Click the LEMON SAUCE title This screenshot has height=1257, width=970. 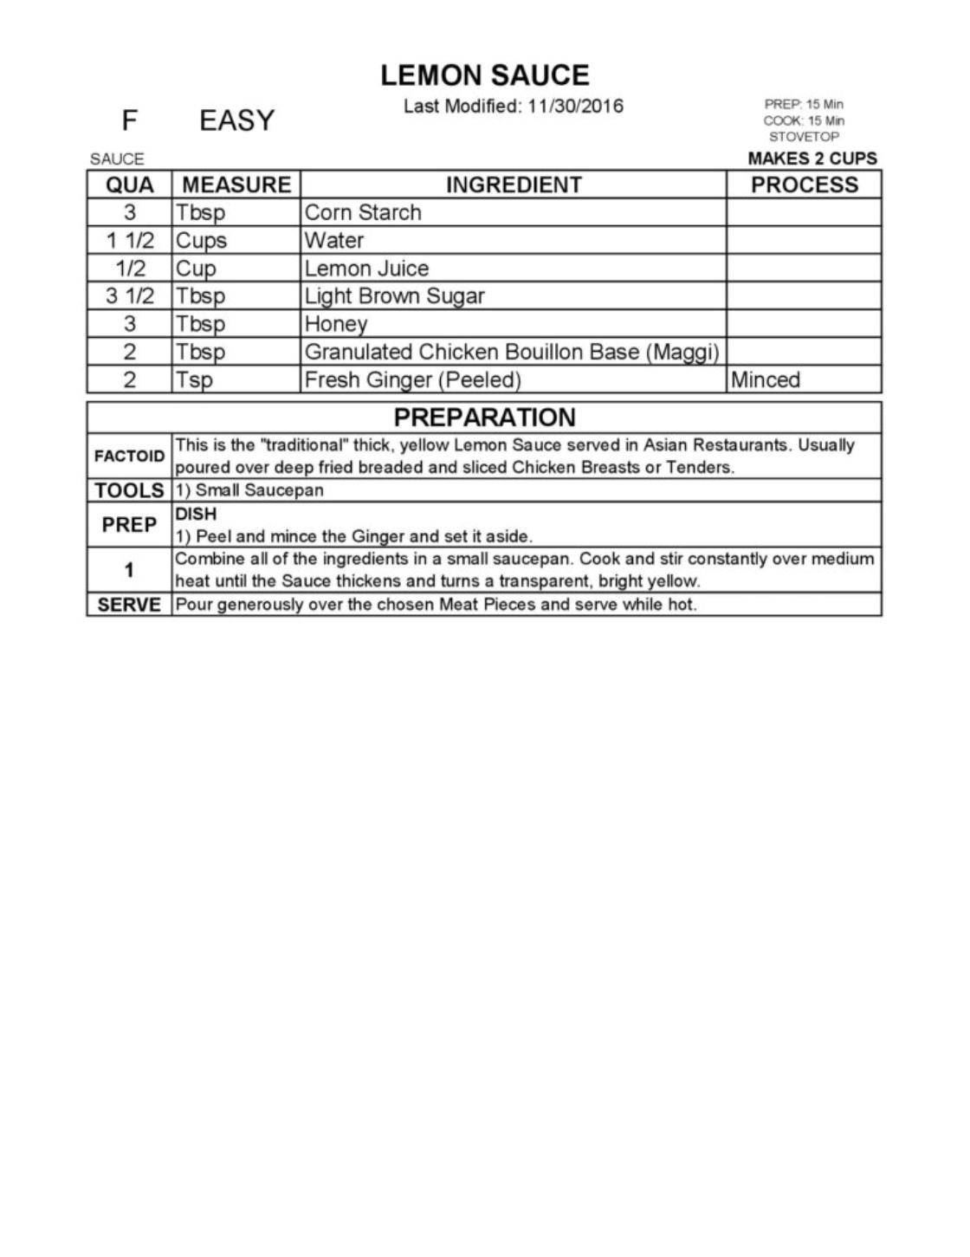tap(485, 75)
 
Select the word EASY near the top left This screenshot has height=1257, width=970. tap(236, 120)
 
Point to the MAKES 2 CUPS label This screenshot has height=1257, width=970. tap(812, 159)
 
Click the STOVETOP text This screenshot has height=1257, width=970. tap(804, 137)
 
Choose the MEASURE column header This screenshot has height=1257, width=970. tap(236, 185)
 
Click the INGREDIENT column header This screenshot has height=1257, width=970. tap(514, 185)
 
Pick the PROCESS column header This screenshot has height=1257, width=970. tap(804, 185)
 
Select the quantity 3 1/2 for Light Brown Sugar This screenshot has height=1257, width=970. tap(130, 296)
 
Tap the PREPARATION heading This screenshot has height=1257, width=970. tap(485, 418)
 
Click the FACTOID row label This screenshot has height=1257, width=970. tap(129, 456)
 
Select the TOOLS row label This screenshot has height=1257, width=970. tap(129, 490)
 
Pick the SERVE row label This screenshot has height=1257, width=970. tap(129, 605)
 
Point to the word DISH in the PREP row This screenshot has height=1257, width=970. tap(196, 514)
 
